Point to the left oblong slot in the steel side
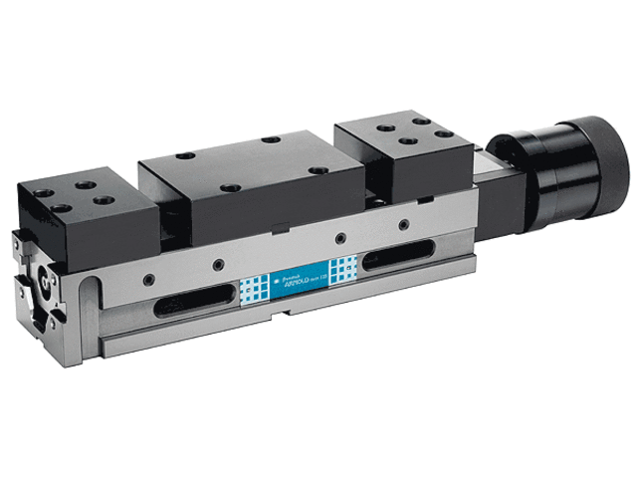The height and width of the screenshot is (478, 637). tap(189, 300)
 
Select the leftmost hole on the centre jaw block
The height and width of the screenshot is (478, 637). tap(184, 157)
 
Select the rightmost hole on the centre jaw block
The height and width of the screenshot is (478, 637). tap(318, 170)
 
